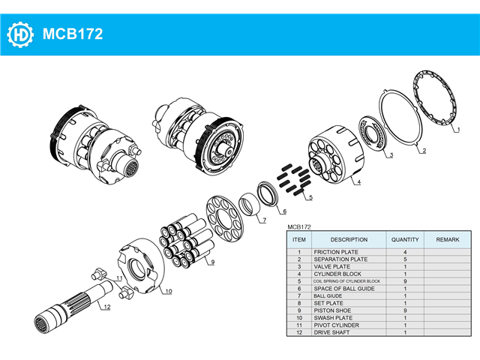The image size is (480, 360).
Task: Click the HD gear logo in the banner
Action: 20,34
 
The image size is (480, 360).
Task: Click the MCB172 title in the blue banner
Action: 73,34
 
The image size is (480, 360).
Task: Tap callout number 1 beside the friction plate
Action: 458,130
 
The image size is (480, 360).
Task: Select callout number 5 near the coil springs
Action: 310,197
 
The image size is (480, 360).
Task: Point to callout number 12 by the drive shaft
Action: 106,307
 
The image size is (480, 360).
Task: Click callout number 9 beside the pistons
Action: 213,262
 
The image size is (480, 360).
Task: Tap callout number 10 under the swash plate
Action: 169,291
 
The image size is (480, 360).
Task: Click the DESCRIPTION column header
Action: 349,240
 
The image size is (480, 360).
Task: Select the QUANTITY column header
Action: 405,240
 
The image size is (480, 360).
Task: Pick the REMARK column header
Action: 448,240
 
